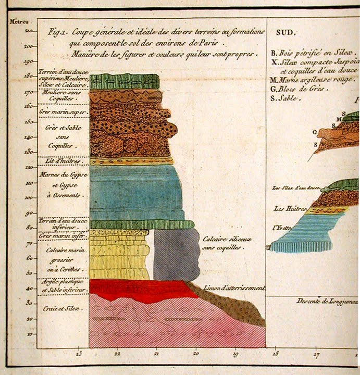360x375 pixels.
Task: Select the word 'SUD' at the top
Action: (x=284, y=32)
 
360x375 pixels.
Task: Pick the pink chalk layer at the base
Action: (x=156, y=323)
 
